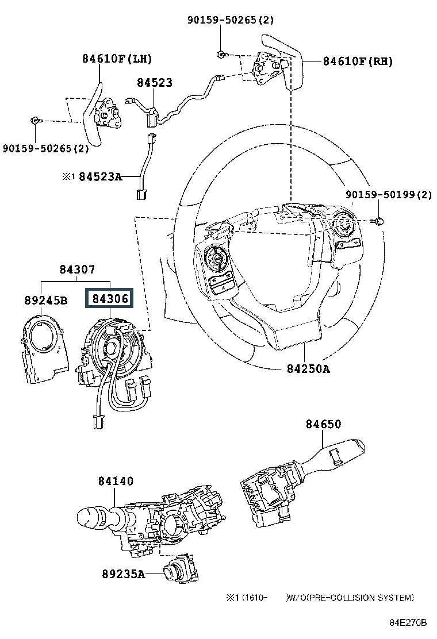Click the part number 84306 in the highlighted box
[x=108, y=299]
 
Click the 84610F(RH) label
[x=358, y=61]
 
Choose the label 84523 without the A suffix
[x=155, y=83]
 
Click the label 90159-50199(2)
[x=389, y=195]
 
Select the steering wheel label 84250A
[x=308, y=369]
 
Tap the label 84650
[x=323, y=424]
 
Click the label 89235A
[x=124, y=573]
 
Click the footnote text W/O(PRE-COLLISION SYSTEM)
[x=351, y=598]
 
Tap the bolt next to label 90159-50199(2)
[x=380, y=221]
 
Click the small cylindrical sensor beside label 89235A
[x=172, y=572]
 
